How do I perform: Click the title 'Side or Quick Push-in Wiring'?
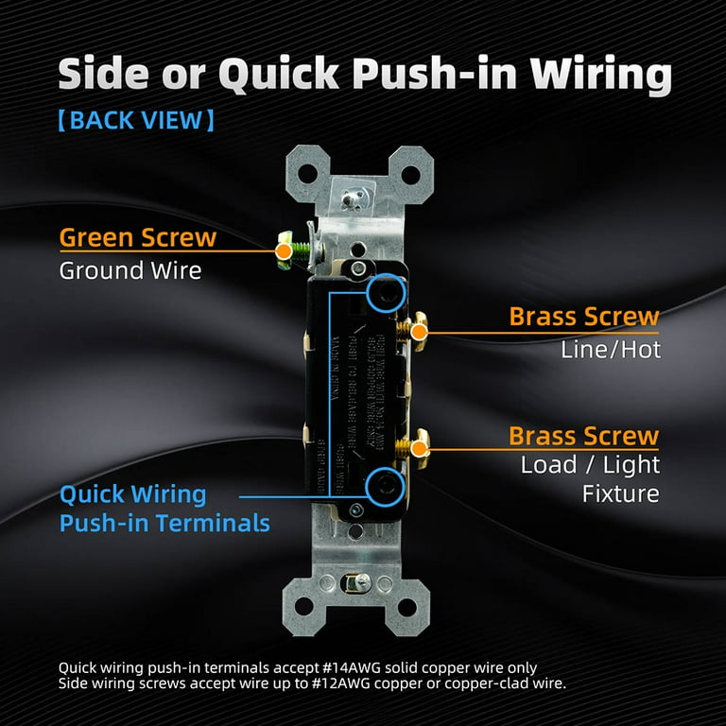coord(365,74)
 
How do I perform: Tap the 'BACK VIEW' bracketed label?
coord(135,120)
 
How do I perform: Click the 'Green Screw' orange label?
coord(138,237)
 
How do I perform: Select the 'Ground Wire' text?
coord(130,270)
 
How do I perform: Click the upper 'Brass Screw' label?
coord(583,317)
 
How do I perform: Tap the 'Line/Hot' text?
coord(611,350)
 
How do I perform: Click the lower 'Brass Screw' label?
coord(583,436)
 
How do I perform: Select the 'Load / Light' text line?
coord(590,465)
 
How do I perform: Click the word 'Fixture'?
coord(620,493)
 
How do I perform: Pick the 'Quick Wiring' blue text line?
coord(132,494)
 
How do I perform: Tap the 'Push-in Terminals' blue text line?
coord(164,523)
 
